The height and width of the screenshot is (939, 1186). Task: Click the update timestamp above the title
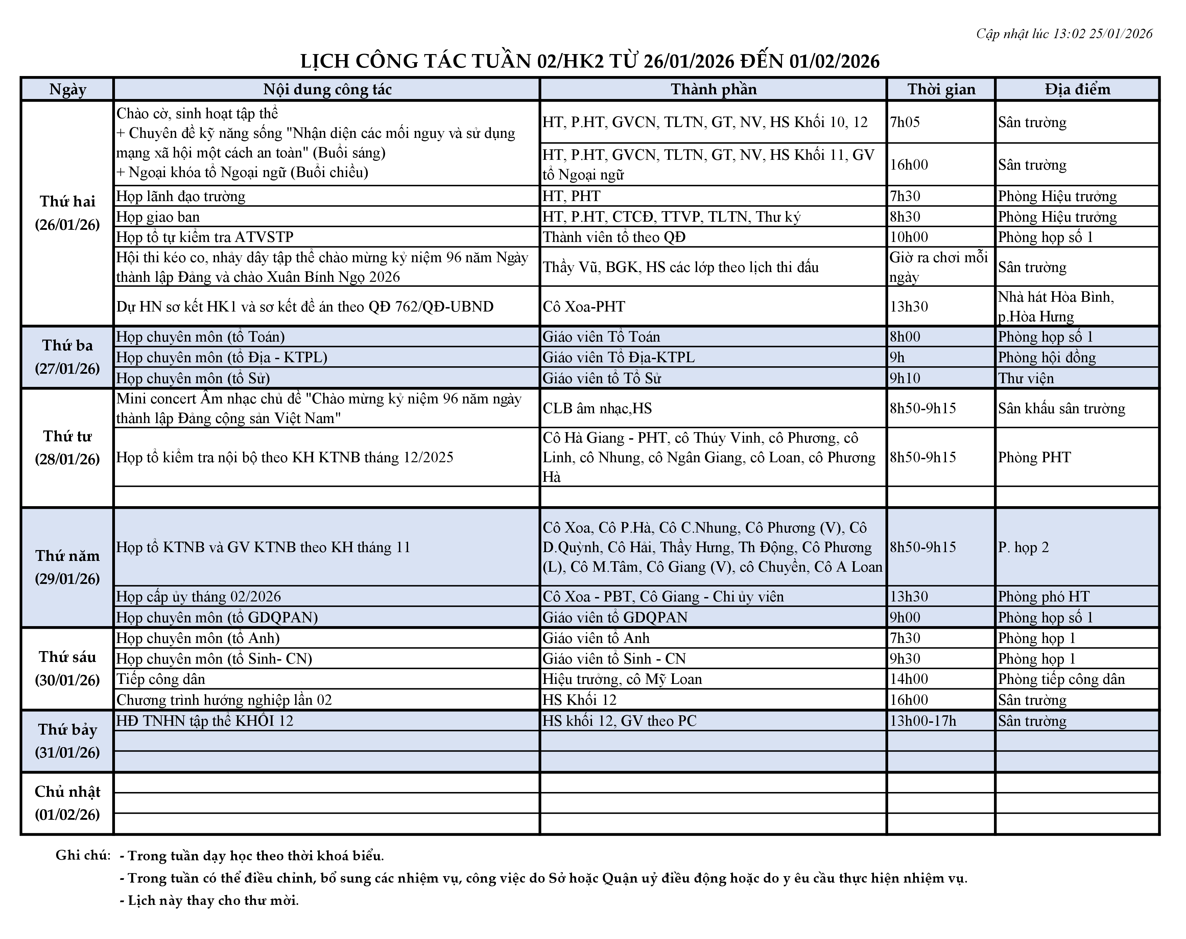pyautogui.click(x=1064, y=34)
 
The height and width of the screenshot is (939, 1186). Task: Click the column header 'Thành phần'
pyautogui.click(x=713, y=90)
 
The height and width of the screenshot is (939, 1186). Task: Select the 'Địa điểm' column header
pyautogui.click(x=1077, y=90)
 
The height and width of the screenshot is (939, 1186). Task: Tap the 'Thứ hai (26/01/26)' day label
pyautogui.click(x=68, y=213)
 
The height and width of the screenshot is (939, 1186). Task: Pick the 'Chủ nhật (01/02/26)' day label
pyautogui.click(x=68, y=802)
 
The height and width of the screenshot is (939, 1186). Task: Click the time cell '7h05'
pyautogui.click(x=905, y=122)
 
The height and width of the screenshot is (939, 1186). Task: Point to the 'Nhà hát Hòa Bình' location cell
pyautogui.click(x=1056, y=306)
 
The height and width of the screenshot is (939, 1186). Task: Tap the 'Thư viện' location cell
pyautogui.click(x=1026, y=378)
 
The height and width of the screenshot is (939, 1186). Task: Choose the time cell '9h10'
pyautogui.click(x=905, y=378)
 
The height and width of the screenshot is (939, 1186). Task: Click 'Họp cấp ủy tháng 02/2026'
pyautogui.click(x=198, y=596)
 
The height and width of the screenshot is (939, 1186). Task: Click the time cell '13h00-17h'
pyautogui.click(x=923, y=721)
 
